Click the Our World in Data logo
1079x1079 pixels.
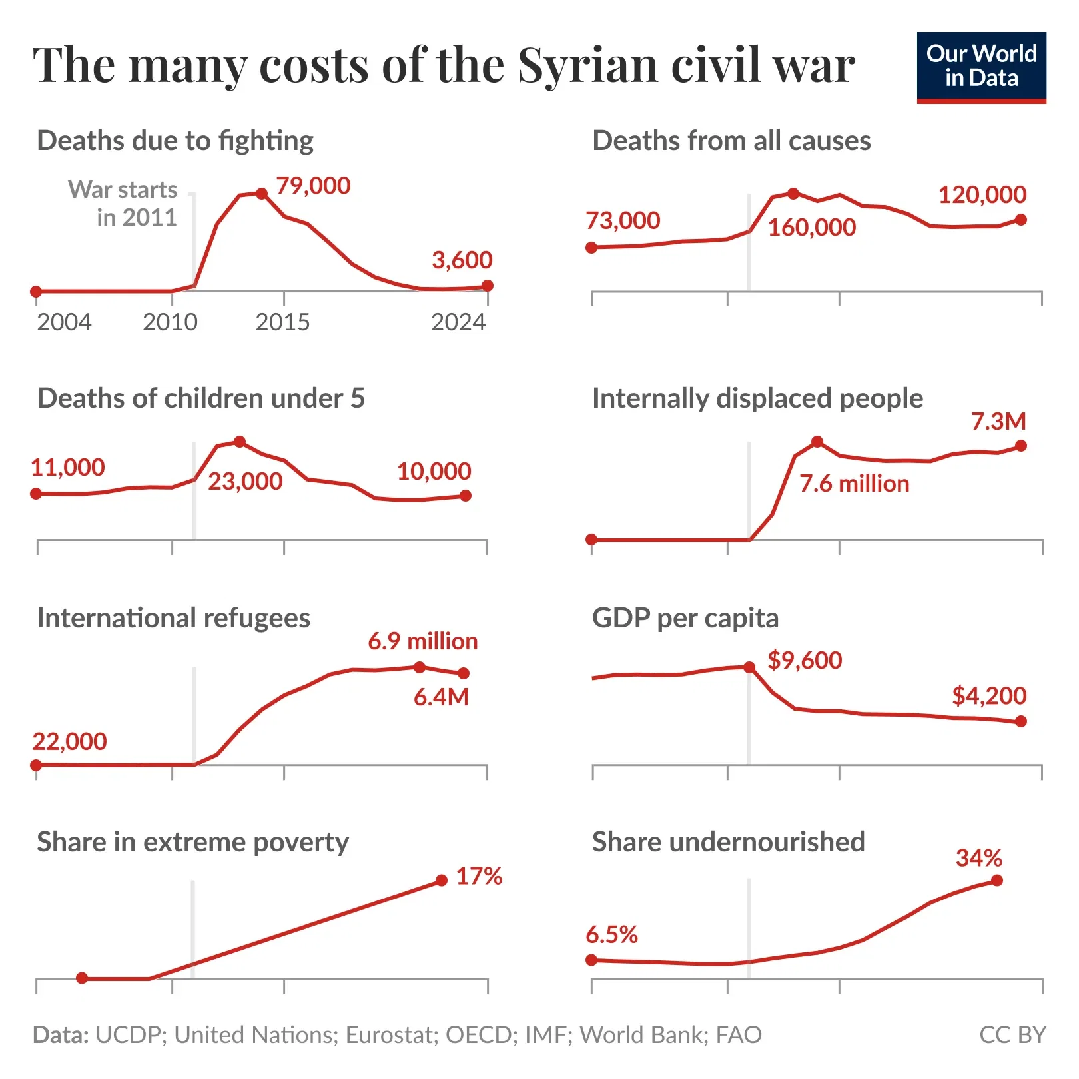[x=980, y=67]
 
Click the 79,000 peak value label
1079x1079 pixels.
[x=313, y=186]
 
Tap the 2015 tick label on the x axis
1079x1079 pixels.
[x=282, y=322]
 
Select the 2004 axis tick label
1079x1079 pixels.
[x=64, y=322]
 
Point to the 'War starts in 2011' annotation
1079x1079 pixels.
[x=124, y=203]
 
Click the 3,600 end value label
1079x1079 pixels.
[x=462, y=260]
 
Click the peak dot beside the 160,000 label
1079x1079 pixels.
[x=793, y=194]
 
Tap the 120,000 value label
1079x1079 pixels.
[x=982, y=195]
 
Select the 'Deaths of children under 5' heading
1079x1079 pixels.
[x=200, y=398]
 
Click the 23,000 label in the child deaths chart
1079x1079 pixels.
[x=245, y=481]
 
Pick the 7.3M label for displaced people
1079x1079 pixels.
[x=998, y=422]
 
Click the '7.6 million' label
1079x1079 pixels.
[x=854, y=484]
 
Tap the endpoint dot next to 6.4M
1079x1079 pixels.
[x=464, y=673]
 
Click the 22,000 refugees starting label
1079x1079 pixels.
[x=69, y=741]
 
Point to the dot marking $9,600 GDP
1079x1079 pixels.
[x=749, y=667]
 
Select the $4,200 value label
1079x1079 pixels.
[x=988, y=696]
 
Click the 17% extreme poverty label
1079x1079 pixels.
[x=479, y=876]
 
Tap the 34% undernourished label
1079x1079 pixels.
[x=978, y=858]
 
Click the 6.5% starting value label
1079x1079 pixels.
[x=611, y=935]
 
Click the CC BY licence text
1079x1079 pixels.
[x=1012, y=1034]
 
